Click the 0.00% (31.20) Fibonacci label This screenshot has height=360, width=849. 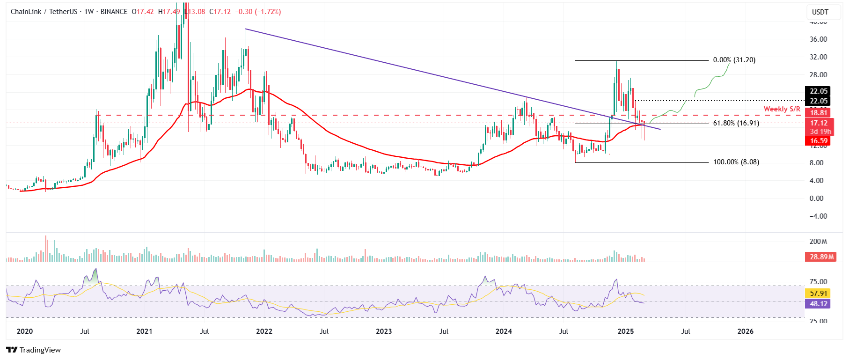pos(734,60)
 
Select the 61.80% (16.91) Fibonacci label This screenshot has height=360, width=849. pos(736,123)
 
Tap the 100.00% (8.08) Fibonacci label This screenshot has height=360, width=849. pos(736,162)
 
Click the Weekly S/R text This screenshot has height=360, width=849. pos(782,109)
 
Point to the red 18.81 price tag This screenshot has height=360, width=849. pos(819,113)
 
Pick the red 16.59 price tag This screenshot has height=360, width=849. pos(819,141)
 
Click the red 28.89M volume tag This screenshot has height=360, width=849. pos(822,257)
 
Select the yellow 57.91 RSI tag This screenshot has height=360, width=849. pos(819,294)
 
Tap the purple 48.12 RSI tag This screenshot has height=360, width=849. pos(819,304)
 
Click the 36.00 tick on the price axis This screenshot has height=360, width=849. pos(818,39)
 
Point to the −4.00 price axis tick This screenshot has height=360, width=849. pos(818,216)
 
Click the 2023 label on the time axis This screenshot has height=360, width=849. pos(384,331)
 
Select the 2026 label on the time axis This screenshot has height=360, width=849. pos(745,331)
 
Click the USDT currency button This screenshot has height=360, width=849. pos(820,12)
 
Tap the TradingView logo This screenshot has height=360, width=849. pos(33,350)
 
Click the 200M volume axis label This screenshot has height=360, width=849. pos(818,242)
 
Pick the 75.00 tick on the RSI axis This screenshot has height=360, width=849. pos(818,282)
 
